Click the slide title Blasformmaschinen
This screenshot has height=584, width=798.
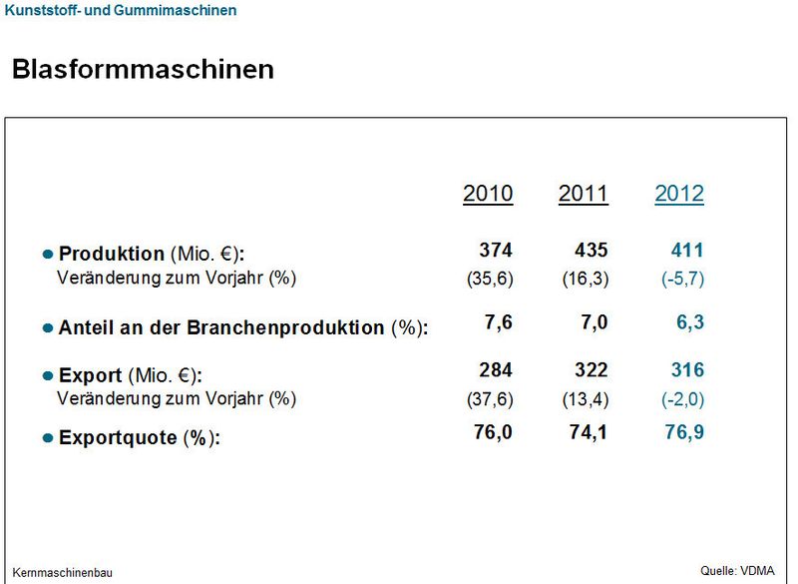tap(143, 70)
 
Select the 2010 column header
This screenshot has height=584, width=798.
tap(488, 194)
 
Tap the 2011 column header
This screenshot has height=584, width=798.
tap(583, 194)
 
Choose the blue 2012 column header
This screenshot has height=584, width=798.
tap(679, 194)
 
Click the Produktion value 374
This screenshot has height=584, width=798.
tap(496, 251)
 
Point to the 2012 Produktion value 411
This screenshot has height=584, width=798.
tap(687, 251)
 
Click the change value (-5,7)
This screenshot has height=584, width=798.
tap(682, 280)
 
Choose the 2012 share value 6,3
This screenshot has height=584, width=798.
tap(690, 322)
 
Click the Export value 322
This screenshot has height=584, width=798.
tap(591, 370)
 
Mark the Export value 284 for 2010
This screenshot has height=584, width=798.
tap(496, 370)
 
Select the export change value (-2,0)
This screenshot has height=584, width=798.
tap(682, 399)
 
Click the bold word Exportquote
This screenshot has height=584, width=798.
tap(118, 437)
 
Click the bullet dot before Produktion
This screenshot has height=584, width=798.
tap(47, 256)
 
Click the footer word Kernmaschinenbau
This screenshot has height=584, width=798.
tap(63, 573)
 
